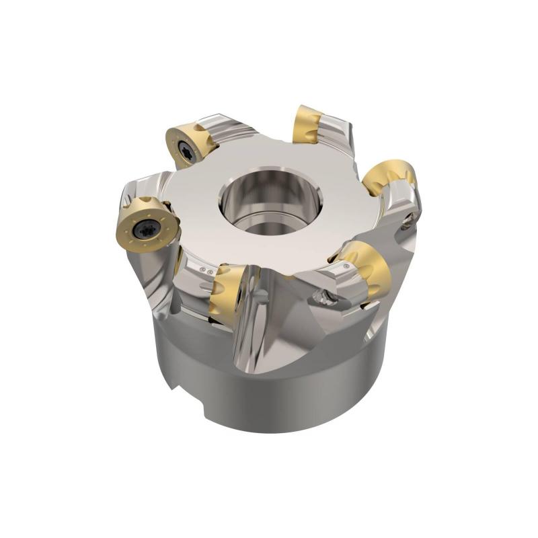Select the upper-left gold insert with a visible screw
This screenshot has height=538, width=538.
(191, 143)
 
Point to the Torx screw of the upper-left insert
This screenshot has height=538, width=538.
(188, 154)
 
